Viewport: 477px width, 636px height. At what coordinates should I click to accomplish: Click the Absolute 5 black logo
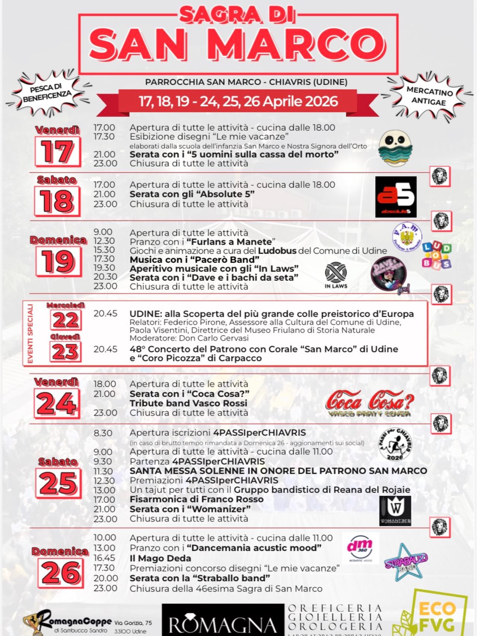coord(396,197)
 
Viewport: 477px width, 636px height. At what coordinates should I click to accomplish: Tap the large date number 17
coord(58,151)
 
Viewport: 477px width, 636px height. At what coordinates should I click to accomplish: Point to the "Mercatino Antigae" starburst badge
coord(429,96)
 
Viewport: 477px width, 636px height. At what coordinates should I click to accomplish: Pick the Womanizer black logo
coord(395,511)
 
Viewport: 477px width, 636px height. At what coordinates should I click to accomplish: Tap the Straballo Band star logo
coord(405,562)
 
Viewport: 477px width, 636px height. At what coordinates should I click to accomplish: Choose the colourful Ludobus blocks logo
coord(436,255)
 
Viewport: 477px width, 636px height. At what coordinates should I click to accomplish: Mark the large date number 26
coord(61,573)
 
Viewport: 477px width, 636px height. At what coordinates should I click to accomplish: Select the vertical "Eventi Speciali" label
coord(30,333)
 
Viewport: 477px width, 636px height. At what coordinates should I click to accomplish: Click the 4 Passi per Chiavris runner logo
coord(395,444)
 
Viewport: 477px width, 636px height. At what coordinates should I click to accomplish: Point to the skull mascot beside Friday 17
coord(395,148)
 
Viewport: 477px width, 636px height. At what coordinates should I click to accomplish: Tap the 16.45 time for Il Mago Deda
coord(104,558)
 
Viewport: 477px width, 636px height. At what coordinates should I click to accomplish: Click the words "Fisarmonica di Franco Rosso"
coord(196,499)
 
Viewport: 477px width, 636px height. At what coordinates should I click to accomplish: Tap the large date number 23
coord(65,351)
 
